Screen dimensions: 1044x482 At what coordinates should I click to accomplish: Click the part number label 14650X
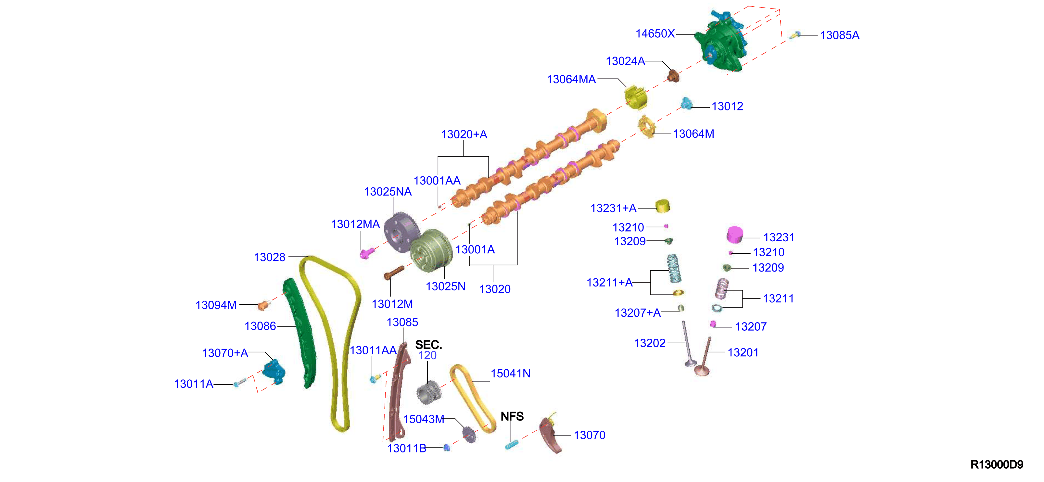655,34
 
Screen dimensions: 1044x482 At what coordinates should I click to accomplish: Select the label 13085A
839,35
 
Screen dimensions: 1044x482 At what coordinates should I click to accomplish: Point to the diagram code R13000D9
997,464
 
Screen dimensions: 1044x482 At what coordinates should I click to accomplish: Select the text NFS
512,416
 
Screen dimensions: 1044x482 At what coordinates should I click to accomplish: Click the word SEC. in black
428,345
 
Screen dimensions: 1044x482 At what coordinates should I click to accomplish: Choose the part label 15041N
510,374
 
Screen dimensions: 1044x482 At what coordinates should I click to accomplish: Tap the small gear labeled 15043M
469,434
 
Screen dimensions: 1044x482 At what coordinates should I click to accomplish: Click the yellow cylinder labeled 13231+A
662,206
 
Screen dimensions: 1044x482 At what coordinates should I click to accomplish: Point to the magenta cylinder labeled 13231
735,234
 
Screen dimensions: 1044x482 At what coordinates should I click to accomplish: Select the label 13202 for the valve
650,343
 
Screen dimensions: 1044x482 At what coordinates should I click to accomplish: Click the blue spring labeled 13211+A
674,268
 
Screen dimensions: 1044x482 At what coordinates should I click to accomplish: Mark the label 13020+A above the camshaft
464,134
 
